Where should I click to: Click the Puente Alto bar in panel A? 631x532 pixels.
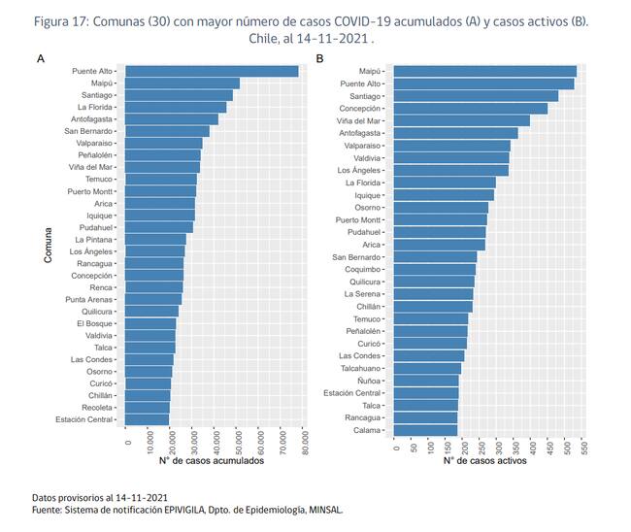click(x=212, y=71)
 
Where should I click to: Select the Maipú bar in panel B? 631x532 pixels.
click(x=485, y=71)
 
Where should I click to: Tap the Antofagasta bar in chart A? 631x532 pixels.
click(x=172, y=119)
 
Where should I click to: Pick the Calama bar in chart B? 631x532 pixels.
click(x=427, y=430)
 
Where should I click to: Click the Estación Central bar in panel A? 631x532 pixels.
click(x=148, y=419)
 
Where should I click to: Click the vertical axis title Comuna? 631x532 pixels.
click(x=48, y=245)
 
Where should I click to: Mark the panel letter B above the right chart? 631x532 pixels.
click(x=320, y=59)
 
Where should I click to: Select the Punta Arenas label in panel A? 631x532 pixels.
click(x=90, y=299)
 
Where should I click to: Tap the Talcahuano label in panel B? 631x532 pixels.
click(x=360, y=368)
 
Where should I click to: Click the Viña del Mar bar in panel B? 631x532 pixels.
click(x=463, y=120)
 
